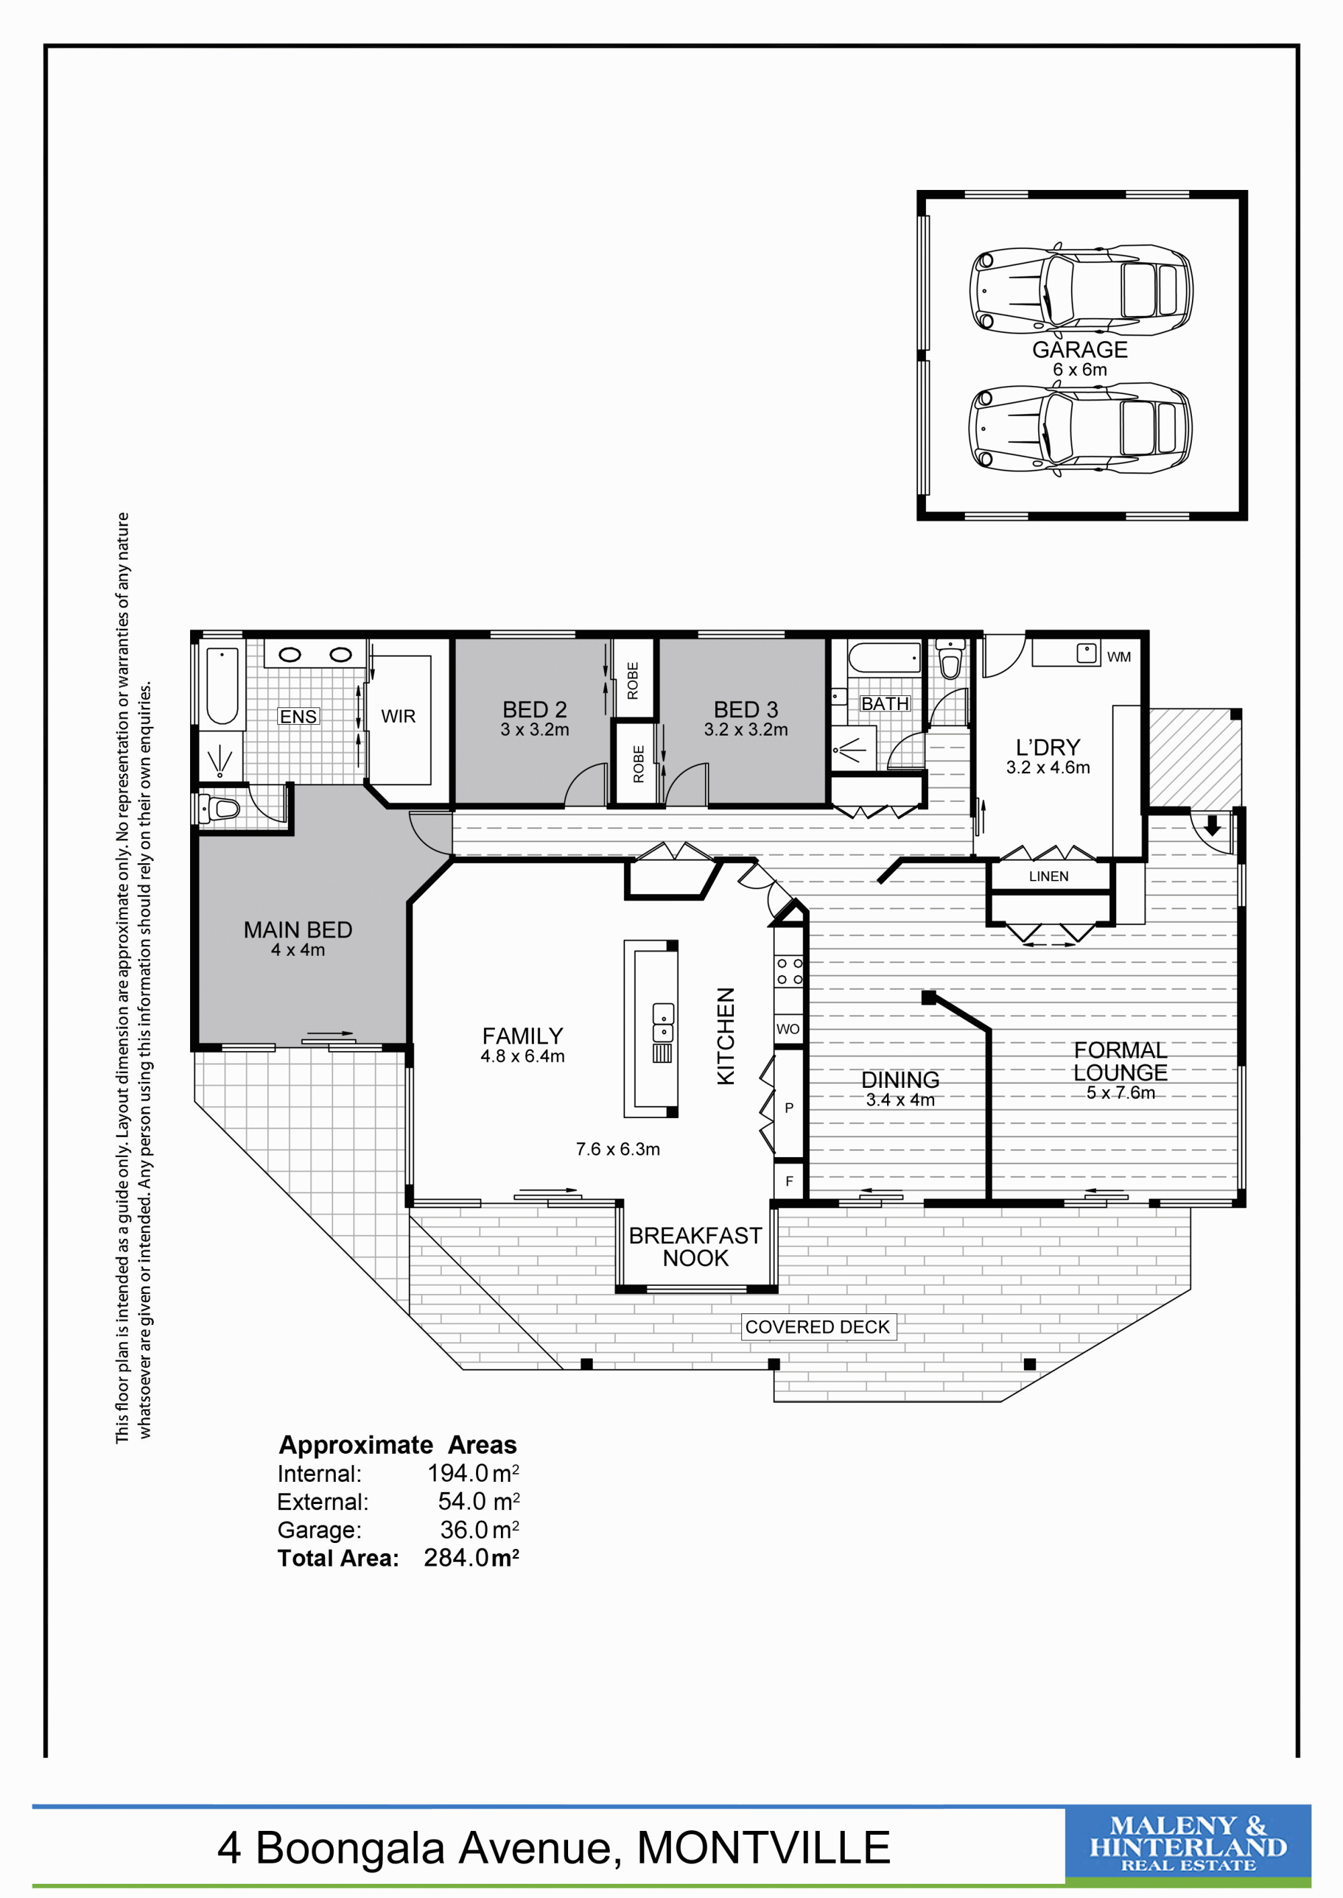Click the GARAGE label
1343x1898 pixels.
tap(1079, 350)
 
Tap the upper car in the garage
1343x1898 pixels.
tap(1081, 289)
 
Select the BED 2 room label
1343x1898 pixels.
tap(535, 709)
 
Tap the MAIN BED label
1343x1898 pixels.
tap(297, 930)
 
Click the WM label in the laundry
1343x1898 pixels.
tap(1119, 657)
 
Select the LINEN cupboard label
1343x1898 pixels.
tap(1049, 877)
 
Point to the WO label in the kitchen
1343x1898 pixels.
tap(788, 1029)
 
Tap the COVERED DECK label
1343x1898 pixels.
tap(817, 1327)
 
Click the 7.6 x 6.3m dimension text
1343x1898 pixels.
tap(618, 1149)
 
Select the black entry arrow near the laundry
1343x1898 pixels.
tap(1212, 825)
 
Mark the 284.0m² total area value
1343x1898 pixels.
tap(471, 1558)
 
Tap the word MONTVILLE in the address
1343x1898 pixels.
tap(763, 1848)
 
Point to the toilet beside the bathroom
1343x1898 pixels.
tap(951, 659)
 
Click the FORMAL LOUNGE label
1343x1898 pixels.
tap(1121, 1062)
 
